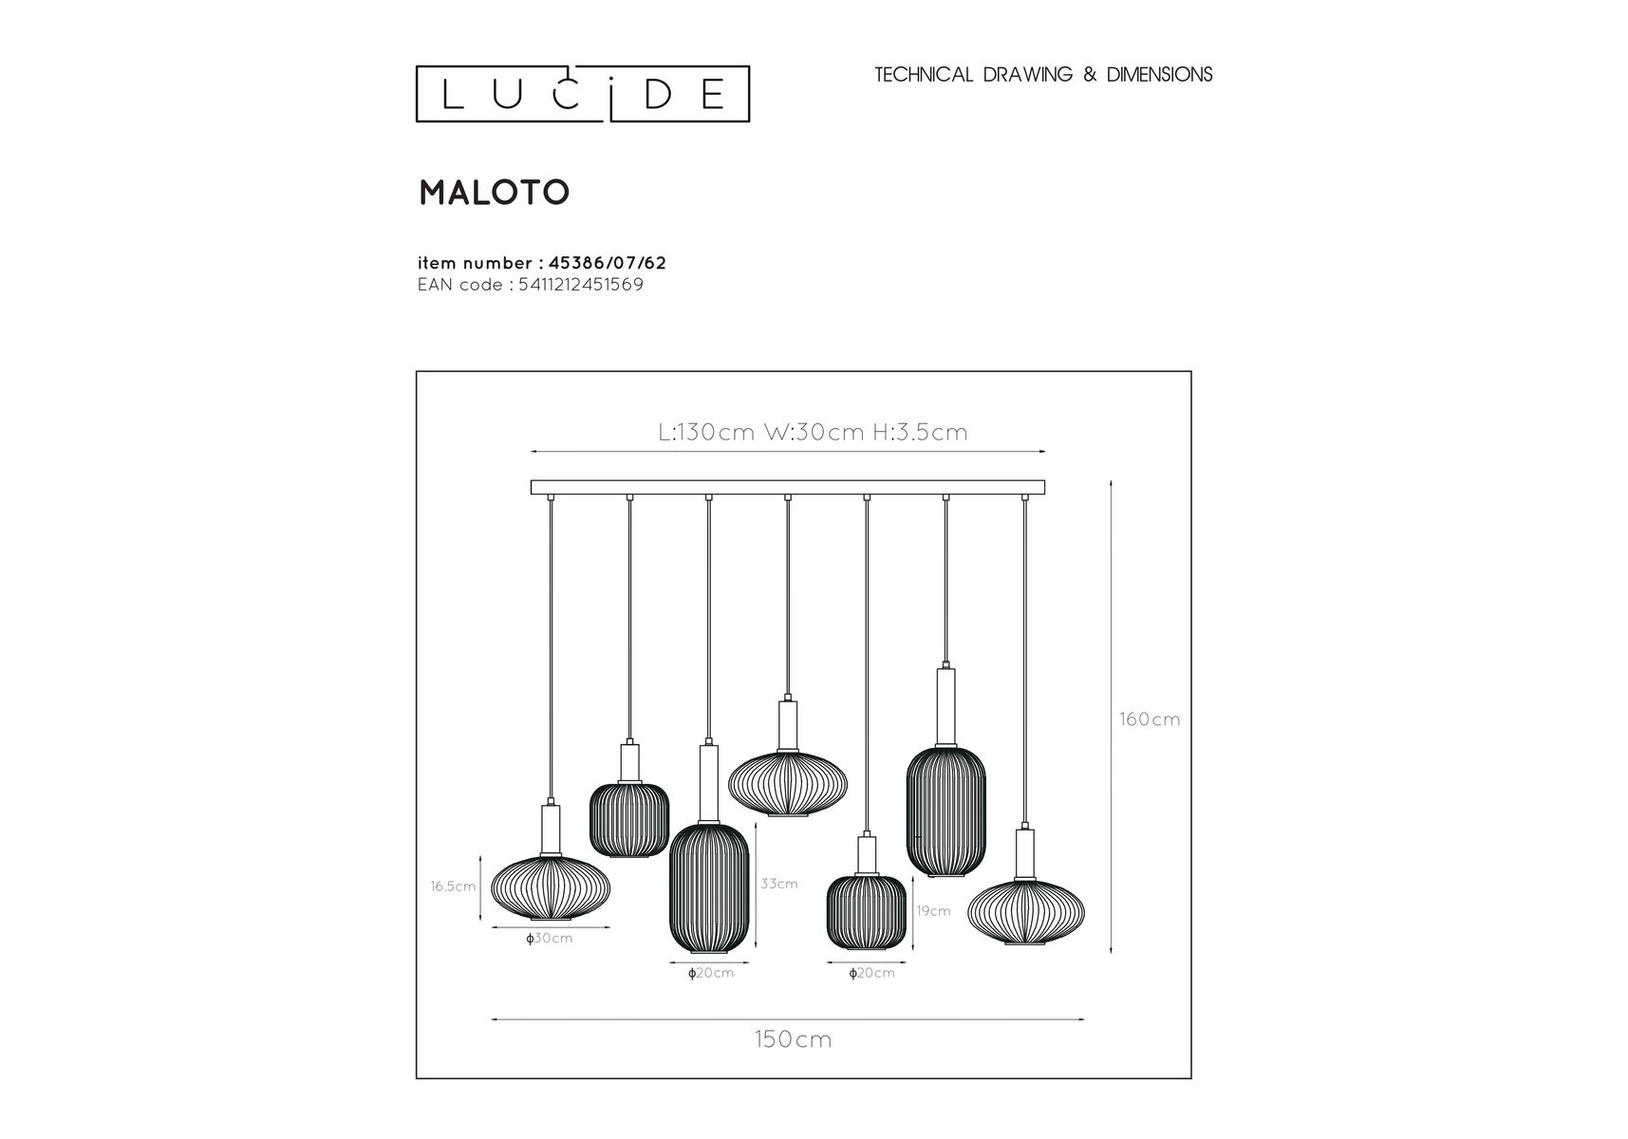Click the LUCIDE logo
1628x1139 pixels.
583,94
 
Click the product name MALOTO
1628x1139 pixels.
494,193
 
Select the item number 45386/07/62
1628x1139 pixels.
608,263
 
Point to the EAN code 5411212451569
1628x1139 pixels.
581,285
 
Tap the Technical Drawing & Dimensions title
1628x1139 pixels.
1043,75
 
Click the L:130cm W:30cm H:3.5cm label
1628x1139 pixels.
813,433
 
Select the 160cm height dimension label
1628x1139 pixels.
1150,719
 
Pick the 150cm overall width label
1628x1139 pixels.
794,1039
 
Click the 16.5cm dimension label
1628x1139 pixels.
453,887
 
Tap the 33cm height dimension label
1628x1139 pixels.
779,884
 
